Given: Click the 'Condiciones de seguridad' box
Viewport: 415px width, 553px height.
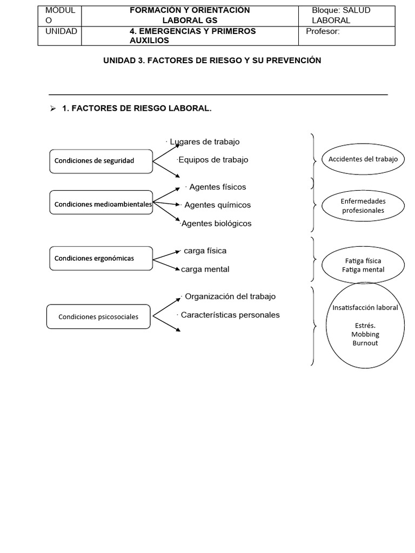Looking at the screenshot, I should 101,161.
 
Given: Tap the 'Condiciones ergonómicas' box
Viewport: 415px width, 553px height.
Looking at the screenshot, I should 101,258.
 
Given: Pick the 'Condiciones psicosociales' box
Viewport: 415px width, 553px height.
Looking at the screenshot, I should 98,317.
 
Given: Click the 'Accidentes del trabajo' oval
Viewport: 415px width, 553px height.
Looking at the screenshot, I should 363,159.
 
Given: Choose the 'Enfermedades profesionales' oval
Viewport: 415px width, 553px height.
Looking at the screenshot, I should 363,206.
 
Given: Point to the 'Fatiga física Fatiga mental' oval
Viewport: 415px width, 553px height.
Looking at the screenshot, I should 363,265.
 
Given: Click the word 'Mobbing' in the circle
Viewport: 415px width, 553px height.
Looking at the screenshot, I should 365,334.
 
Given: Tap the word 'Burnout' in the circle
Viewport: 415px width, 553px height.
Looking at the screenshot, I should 365,343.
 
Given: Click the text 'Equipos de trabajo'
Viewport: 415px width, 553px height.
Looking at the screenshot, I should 213,160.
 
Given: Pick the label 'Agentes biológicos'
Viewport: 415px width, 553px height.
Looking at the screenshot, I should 216,224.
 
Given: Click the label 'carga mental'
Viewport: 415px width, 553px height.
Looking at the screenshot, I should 205,269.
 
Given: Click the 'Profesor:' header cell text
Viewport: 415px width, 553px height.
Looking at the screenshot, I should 323,31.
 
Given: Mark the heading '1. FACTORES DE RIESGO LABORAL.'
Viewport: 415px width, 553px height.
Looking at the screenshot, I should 137,109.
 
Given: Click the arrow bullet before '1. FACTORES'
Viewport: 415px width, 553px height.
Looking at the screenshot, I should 53,109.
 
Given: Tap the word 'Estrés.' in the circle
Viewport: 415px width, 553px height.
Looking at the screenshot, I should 365,326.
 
